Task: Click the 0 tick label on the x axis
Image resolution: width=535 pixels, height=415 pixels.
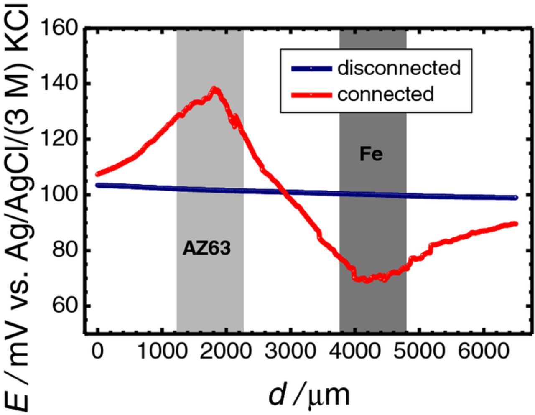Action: (97, 352)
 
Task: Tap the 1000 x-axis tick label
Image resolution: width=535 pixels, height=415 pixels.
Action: (162, 352)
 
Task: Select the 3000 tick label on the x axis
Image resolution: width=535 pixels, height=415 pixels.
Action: (290, 352)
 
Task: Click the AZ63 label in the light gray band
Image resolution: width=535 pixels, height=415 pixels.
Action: (206, 249)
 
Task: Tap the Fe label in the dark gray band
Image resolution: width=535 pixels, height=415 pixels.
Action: (371, 154)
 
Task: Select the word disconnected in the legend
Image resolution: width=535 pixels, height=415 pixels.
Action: (399, 68)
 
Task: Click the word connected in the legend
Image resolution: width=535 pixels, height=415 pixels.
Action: (385, 94)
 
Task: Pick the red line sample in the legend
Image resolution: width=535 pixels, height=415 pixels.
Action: (311, 95)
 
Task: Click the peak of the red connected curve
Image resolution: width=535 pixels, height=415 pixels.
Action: (215, 89)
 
